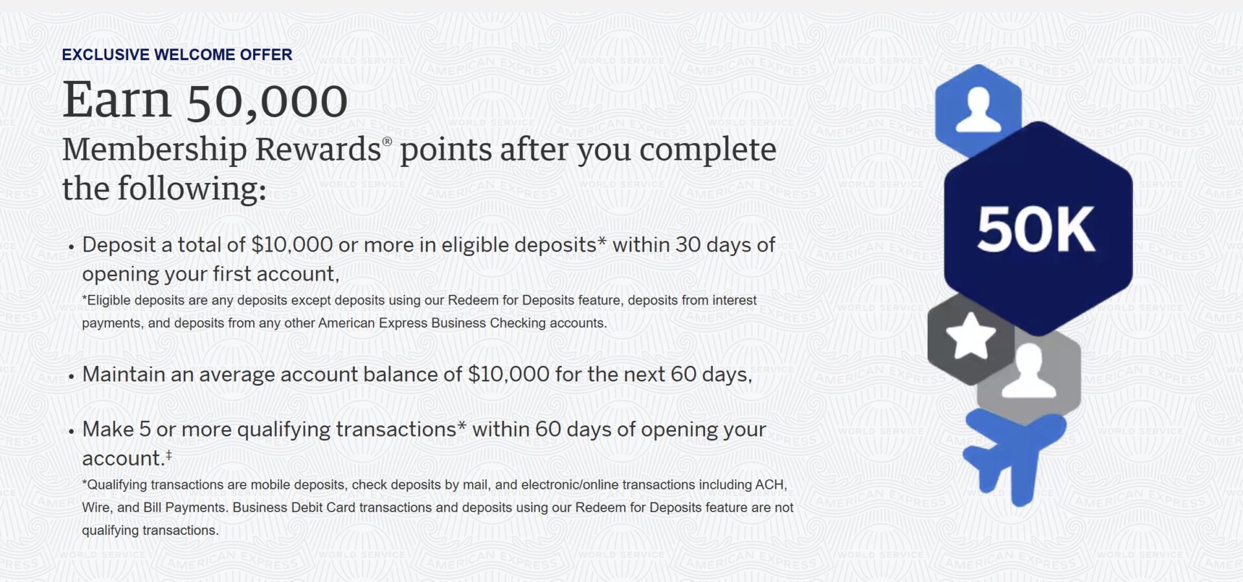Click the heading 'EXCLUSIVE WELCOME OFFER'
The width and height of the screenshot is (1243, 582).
point(177,54)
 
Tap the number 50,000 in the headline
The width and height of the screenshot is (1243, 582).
point(267,101)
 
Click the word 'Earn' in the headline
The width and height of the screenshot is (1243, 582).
point(117,101)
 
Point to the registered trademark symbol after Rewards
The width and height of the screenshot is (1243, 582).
point(387,142)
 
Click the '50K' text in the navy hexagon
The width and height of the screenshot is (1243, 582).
point(1036,230)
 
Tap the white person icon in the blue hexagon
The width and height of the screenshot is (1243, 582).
point(978,109)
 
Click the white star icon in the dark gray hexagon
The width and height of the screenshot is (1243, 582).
point(970,336)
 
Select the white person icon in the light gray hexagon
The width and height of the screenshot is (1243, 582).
point(1029,371)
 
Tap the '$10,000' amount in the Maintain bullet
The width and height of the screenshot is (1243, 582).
point(508,374)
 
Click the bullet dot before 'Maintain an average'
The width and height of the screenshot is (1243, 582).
point(71,377)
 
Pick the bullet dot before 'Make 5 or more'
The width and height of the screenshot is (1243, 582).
point(71,432)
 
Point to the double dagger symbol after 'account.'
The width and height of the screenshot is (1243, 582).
point(168,455)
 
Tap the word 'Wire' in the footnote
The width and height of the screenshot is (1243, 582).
point(96,508)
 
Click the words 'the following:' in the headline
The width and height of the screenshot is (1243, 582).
point(164,189)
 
